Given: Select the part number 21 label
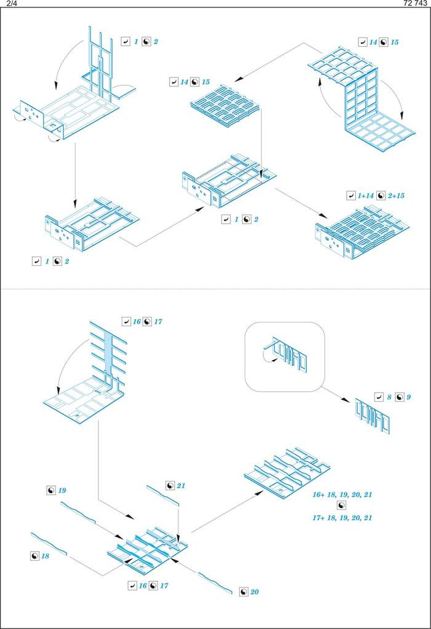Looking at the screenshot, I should [x=181, y=486].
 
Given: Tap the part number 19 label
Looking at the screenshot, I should [x=62, y=490].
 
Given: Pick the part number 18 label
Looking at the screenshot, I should [x=45, y=555].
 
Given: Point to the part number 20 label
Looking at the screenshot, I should [x=255, y=592].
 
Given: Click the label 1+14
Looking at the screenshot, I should [x=366, y=195].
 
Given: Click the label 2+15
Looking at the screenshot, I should [x=395, y=195].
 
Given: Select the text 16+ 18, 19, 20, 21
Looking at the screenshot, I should [x=342, y=494].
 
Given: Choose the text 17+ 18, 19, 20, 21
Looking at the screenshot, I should [x=342, y=518].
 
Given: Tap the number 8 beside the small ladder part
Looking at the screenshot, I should [x=390, y=397].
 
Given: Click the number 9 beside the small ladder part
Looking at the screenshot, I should [x=408, y=397].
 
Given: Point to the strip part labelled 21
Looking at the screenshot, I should [x=162, y=495].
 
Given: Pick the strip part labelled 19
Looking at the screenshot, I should [x=78, y=512].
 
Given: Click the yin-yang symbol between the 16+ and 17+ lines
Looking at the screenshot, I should [x=342, y=506].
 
